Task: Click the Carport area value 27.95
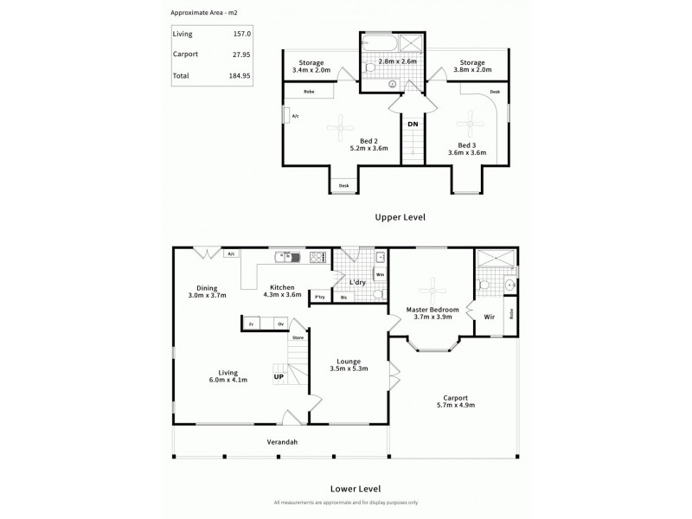coord(240,54)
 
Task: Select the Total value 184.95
coord(239,76)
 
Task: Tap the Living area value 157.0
coord(242,34)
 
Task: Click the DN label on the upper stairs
coord(413,125)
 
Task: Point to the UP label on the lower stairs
coord(279,377)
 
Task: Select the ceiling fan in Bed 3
coord(472,119)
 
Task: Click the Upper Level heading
coord(399,217)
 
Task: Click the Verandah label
coord(282,443)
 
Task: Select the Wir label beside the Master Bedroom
coord(489,317)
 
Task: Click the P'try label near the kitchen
coord(319,298)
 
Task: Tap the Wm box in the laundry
coord(380,274)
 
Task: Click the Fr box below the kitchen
coord(252,324)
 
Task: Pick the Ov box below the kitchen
coord(279,324)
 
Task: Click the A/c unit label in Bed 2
coord(295,116)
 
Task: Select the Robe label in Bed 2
coord(308,91)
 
